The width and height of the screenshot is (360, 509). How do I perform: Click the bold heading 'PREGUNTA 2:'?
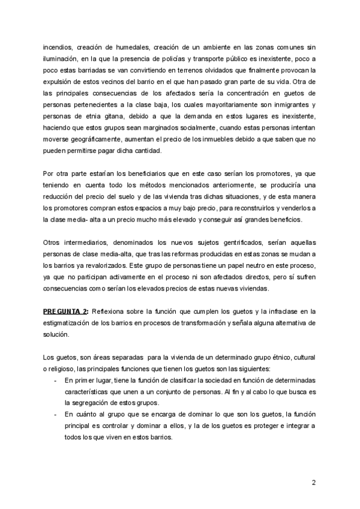[x=66, y=310]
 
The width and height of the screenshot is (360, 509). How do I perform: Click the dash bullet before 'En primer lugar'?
[x=55, y=381]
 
